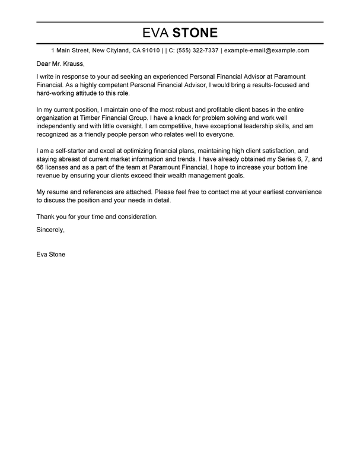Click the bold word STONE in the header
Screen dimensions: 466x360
click(195, 33)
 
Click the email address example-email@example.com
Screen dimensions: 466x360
click(266, 51)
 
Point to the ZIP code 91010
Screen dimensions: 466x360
click(148, 51)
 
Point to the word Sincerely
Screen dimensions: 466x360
click(50, 229)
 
